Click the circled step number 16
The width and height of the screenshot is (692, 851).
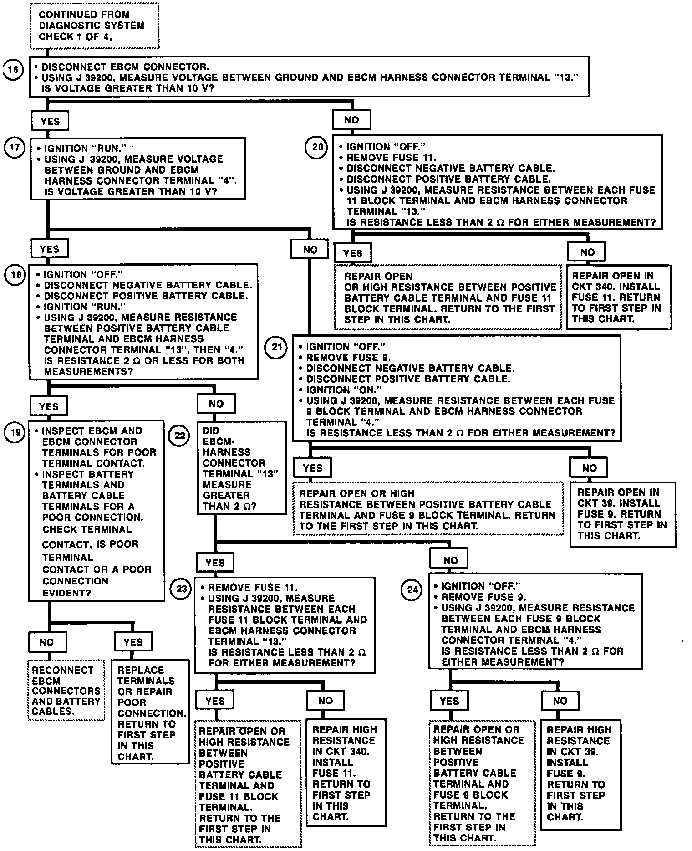coord(14,70)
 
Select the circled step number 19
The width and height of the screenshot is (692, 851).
coord(15,432)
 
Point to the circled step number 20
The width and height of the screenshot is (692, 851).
coord(317,147)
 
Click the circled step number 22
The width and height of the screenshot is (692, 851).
coord(180,436)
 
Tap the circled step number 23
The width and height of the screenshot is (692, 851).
coord(181,589)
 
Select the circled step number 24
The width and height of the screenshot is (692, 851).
coord(412,590)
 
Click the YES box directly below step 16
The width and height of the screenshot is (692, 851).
coord(50,121)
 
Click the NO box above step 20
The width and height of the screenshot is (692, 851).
coord(351,120)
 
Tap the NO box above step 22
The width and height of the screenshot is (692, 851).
coord(216,404)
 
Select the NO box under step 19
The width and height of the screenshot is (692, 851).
coord(47,642)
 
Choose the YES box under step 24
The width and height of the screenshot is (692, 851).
coord(449,701)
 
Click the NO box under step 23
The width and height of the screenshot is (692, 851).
coord(326,701)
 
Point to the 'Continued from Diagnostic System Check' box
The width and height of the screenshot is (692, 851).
coord(94,26)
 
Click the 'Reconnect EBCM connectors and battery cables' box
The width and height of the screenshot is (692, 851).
coord(66,690)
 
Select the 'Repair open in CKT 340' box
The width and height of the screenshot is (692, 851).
coord(618,297)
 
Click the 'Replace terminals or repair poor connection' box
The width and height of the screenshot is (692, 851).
coord(150,713)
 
